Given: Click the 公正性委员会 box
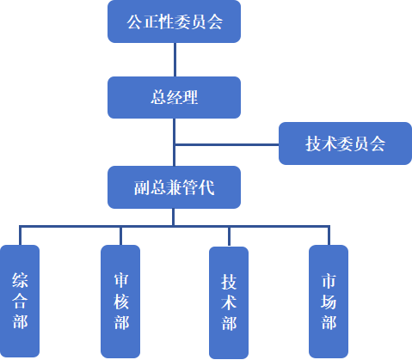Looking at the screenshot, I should click(174, 22).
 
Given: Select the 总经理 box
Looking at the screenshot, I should click(174, 97).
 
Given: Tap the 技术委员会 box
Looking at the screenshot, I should click(345, 143).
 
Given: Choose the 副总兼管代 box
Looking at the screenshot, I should click(174, 187).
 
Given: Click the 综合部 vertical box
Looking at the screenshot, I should click(20, 301).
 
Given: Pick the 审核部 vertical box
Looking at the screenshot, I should click(120, 301).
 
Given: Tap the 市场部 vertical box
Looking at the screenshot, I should click(329, 301).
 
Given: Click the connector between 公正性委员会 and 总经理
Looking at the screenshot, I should click(174, 59).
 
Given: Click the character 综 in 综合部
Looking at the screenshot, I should click(20, 279).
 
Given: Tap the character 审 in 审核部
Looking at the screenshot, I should click(120, 279).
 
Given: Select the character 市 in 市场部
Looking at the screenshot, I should click(329, 279).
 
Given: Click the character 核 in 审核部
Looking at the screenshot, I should click(120, 301).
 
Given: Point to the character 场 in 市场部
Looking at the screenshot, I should click(329, 301).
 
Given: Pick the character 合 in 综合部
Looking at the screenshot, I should click(20, 301).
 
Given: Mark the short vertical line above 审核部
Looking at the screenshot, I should click(120, 236).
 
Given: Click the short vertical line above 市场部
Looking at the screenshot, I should click(329, 236).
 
